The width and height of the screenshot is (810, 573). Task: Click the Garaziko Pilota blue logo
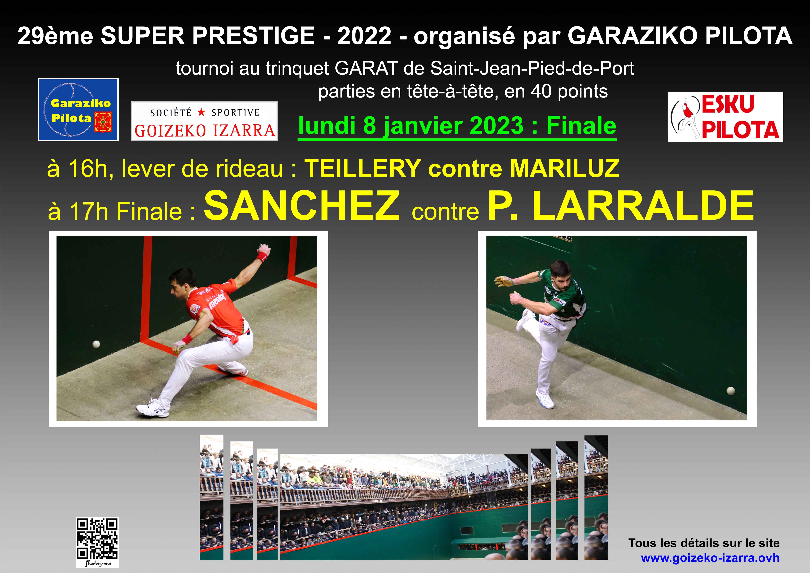[x=78, y=109]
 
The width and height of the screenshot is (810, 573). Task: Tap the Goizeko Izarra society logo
[x=204, y=121]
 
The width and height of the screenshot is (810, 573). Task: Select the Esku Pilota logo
[x=725, y=117]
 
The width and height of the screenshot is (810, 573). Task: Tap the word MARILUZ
[x=564, y=168]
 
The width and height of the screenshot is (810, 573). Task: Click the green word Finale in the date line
[x=581, y=126]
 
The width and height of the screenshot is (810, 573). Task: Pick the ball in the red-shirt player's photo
[x=96, y=344]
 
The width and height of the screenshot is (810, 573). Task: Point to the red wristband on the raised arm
[x=262, y=256]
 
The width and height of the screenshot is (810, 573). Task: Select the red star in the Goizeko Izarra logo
[x=201, y=112]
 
